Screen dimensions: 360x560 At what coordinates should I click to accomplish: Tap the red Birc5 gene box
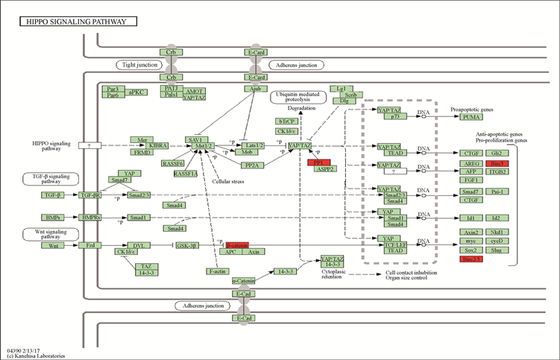pos(496,162)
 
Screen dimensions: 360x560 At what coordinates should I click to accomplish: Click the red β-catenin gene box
pos(236,244)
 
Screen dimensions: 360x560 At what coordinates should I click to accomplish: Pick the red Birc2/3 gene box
pos(471,259)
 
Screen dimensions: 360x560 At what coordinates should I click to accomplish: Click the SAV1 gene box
pos(196,139)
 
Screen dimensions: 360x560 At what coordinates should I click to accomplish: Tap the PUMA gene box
pos(471,117)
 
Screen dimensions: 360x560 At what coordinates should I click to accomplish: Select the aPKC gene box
pos(137,92)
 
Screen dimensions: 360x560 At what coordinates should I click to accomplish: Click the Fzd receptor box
pos(89,245)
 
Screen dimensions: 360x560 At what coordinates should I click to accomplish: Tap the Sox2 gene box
pos(471,250)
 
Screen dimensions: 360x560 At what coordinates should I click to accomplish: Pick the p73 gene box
pos(392,117)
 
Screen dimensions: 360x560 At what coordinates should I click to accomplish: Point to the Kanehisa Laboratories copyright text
pos(34,355)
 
